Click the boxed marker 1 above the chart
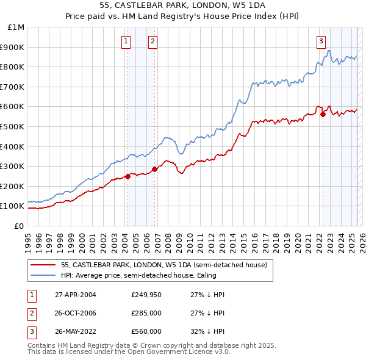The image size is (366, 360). click(x=126, y=41)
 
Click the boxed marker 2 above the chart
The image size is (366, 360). click(x=152, y=41)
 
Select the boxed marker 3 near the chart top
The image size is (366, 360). click(x=320, y=41)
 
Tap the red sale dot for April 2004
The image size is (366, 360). click(x=127, y=176)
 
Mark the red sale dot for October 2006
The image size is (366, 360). click(x=155, y=169)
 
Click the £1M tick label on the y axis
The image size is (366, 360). click(x=15, y=27)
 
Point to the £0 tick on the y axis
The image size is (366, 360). click(x=18, y=226)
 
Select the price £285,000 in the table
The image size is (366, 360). click(x=146, y=313)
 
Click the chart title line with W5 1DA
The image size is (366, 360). click(x=183, y=5)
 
